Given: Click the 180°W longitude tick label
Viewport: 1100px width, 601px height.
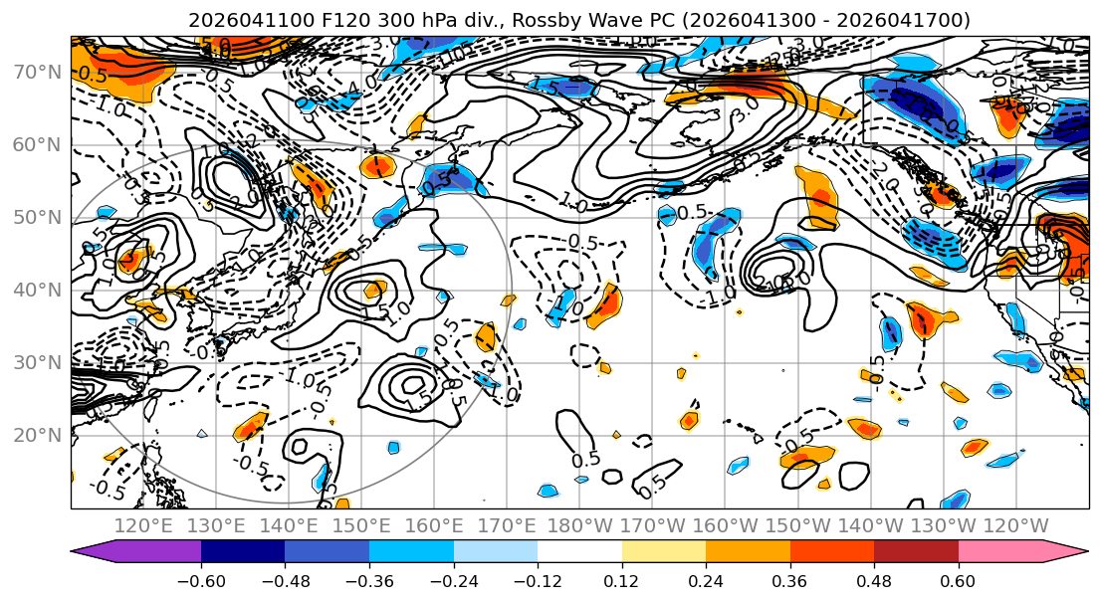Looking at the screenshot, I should tap(579, 524).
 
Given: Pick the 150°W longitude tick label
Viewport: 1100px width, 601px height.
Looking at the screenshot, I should tap(797, 524).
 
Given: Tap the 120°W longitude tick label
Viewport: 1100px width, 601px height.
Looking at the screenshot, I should tap(1015, 524).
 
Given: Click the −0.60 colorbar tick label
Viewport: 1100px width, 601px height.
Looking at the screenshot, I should tap(201, 579).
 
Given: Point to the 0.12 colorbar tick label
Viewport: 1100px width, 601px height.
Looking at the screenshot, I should tap(621, 579).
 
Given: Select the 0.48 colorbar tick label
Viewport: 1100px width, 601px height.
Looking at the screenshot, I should tap(874, 579).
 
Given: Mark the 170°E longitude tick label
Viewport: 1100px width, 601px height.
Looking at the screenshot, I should tap(507, 524).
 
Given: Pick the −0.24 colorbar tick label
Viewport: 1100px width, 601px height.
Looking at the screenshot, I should tap(453, 579).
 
